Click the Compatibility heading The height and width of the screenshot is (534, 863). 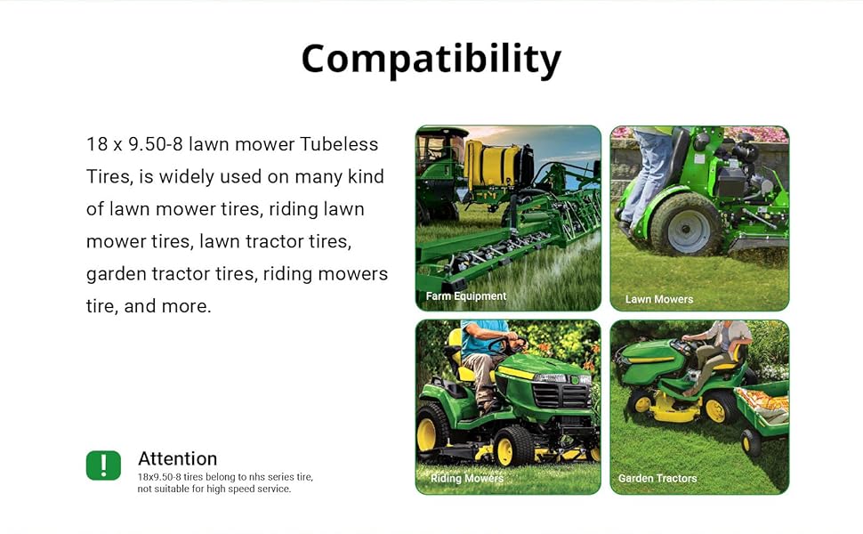tap(431, 59)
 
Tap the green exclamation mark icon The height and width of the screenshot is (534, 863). tap(103, 465)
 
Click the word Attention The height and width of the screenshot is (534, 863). tap(177, 458)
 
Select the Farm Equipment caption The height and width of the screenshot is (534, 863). tap(466, 296)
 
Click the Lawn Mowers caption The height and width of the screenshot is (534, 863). tap(659, 299)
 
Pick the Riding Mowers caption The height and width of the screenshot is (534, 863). tap(467, 478)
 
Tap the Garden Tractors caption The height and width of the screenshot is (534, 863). tap(657, 478)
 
